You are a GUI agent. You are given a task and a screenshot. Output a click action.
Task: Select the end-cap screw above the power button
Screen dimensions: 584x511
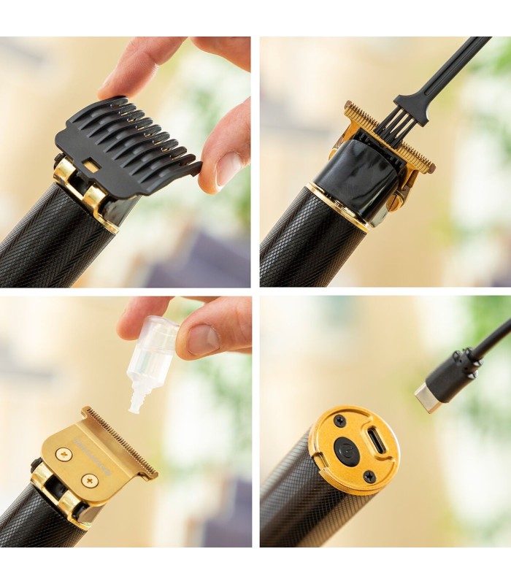click(x=340, y=421)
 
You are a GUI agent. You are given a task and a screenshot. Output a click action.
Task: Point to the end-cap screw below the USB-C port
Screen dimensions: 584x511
click(x=370, y=476)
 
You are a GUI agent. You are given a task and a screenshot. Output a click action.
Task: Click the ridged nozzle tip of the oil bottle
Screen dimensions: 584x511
click(x=136, y=399)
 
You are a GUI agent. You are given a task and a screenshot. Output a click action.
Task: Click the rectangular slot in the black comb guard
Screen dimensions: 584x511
click(x=92, y=166)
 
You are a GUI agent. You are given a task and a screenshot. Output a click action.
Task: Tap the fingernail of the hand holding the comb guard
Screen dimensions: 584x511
click(x=229, y=169)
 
